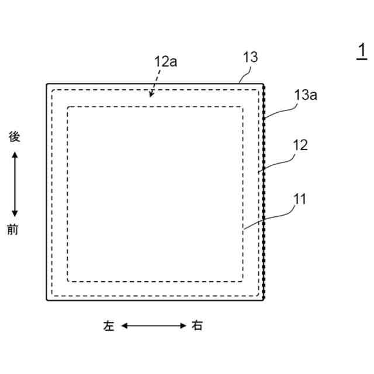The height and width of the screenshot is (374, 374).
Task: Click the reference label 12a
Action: point(165,63)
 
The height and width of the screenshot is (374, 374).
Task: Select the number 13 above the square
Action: point(250,57)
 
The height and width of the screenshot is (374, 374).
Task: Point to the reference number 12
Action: point(300,145)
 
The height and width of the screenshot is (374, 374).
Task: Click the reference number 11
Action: point(299,199)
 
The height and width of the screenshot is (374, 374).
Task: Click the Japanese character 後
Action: point(15,137)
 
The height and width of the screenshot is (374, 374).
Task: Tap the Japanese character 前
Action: point(13,230)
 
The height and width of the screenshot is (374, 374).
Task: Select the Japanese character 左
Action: point(109,325)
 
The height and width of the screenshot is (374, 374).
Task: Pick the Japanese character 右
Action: point(197,325)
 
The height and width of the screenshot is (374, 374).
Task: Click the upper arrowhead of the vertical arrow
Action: point(15,154)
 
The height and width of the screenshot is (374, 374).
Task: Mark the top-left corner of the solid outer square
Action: point(47,85)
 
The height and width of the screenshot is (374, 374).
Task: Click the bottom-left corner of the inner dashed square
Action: point(68,279)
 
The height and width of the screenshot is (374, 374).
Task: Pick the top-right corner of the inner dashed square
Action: point(243,107)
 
